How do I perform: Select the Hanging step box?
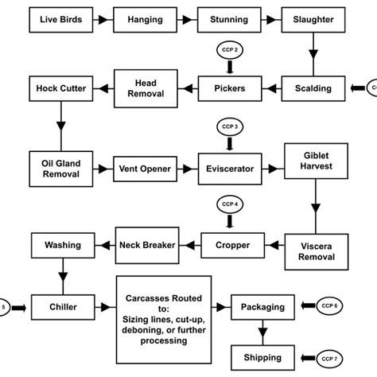pyautogui.click(x=146, y=17)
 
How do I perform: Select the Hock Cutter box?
pyautogui.click(x=62, y=87)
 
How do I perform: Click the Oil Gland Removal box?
pyautogui.click(x=62, y=168)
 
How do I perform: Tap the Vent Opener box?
pyautogui.click(x=146, y=169)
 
